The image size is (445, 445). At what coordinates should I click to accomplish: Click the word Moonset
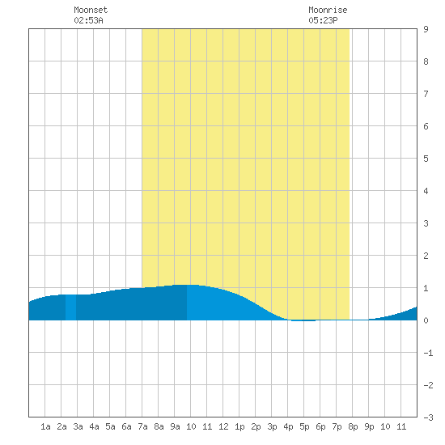click(x=91, y=10)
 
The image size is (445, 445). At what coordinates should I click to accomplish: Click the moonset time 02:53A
click(x=88, y=20)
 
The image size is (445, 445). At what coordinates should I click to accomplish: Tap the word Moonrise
click(x=328, y=10)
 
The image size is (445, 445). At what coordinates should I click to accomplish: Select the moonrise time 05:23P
click(x=323, y=20)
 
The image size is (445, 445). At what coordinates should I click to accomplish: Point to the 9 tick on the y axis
click(x=426, y=29)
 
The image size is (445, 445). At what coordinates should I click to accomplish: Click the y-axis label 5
click(x=426, y=159)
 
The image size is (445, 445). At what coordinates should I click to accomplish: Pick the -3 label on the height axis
click(x=428, y=417)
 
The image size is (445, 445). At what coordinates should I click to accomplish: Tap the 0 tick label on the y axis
click(x=426, y=320)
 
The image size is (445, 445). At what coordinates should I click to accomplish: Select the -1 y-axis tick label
click(x=428, y=353)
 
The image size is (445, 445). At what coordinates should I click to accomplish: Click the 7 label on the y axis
click(x=426, y=94)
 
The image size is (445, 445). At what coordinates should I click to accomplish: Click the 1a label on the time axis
click(x=45, y=426)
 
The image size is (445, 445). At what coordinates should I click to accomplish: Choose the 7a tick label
click(x=142, y=426)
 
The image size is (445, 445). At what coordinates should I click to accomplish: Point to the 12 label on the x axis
click(x=223, y=426)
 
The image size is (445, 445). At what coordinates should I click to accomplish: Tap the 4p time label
click(x=288, y=426)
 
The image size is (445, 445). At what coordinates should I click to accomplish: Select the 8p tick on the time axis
click(x=353, y=426)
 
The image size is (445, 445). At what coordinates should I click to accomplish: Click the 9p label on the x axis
click(x=369, y=426)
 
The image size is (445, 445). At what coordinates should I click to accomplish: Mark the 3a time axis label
click(x=78, y=426)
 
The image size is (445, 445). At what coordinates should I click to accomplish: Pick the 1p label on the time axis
click(x=239, y=426)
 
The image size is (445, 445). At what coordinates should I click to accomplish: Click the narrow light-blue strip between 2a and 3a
click(x=70, y=307)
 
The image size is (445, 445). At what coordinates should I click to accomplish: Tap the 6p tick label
click(x=320, y=426)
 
